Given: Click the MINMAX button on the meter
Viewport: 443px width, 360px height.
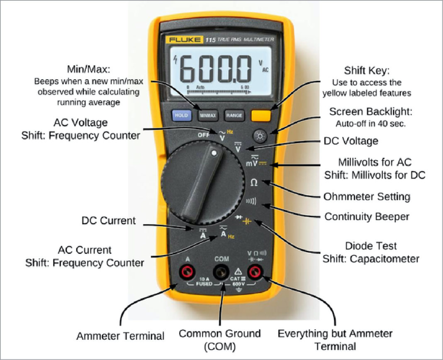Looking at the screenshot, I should point(207,115).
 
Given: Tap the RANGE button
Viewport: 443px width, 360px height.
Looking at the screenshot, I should point(234,115).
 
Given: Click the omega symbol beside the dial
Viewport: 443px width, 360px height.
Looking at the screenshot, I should point(253,183).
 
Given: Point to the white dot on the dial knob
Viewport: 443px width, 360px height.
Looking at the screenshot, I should point(214,153).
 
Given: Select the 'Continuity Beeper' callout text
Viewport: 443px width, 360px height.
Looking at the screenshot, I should point(367,216).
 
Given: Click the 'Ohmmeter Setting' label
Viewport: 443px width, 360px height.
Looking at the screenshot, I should point(367,196).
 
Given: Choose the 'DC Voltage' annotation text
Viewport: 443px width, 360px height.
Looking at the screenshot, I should point(351,141).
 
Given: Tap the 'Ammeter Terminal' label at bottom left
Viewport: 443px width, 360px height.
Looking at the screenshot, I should point(120,336).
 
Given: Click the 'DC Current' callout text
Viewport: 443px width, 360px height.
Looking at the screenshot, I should point(108,220).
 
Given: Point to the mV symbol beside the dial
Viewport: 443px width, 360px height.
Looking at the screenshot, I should point(252,163).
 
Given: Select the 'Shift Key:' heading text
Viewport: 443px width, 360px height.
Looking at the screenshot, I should point(366,70).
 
